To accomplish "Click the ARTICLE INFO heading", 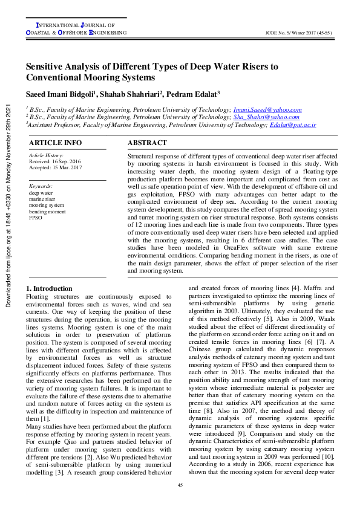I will click(x=56, y=143).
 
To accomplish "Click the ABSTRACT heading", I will click(x=147, y=143).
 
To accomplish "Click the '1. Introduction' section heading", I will click(x=51, y=288).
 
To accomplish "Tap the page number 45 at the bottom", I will click(x=180, y=485).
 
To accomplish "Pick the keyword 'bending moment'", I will click(x=47, y=211).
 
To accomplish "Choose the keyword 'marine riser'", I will click(x=42, y=199).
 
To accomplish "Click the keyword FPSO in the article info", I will click(x=36, y=217).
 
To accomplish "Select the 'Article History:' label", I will click(x=46, y=156).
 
